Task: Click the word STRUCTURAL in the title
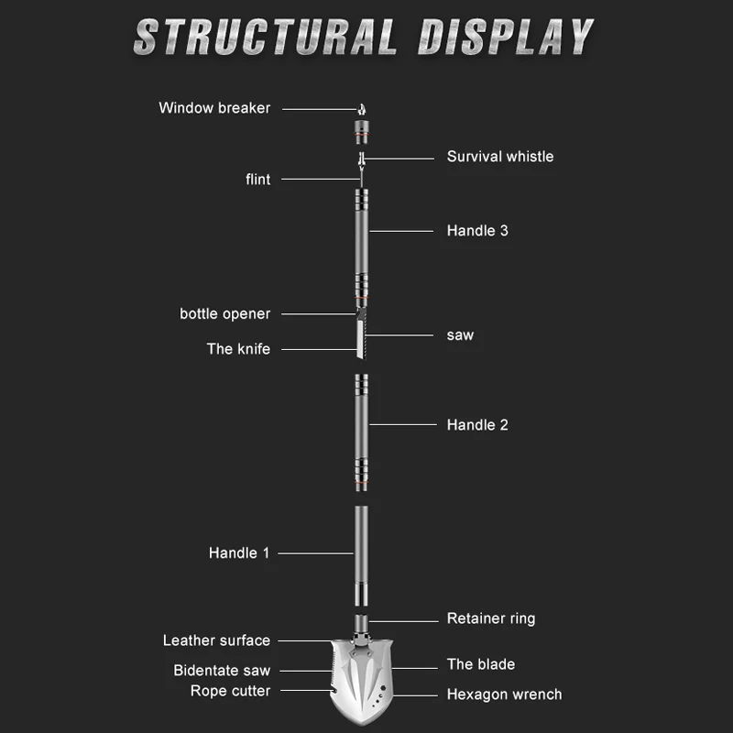266,37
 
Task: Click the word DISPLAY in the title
507,37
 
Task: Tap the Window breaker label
214,108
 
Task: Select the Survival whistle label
500,157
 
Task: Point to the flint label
258,180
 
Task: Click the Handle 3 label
477,231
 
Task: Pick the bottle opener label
225,314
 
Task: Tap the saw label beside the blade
460,335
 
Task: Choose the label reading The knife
238,349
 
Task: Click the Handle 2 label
477,425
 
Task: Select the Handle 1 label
239,553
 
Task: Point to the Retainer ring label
491,619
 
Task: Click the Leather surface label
216,641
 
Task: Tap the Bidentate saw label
222,671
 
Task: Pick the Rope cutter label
230,691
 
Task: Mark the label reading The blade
481,664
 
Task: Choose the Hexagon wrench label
504,695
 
